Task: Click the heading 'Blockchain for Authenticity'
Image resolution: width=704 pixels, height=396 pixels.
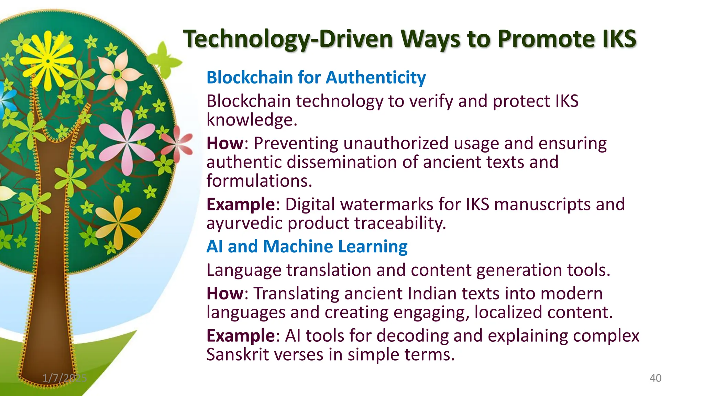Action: (x=316, y=77)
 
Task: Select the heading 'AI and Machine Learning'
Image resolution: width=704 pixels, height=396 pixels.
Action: (x=307, y=246)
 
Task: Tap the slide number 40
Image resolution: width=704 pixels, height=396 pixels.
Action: (x=655, y=378)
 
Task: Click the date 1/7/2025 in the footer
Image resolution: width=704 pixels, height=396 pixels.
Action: (x=65, y=378)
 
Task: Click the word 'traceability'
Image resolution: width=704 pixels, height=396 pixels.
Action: (x=401, y=223)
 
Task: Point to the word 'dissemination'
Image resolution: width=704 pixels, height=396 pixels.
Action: (x=342, y=162)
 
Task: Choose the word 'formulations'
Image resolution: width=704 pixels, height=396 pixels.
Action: (x=259, y=181)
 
